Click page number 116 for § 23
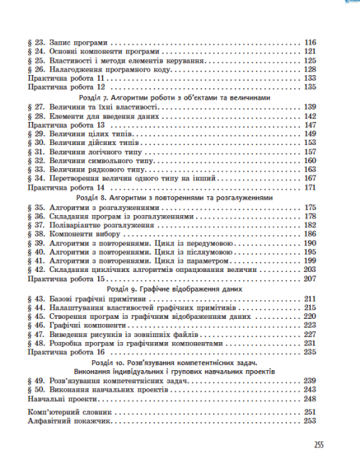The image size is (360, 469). (x=312, y=43)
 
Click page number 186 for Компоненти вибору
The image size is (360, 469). (x=312, y=234)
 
